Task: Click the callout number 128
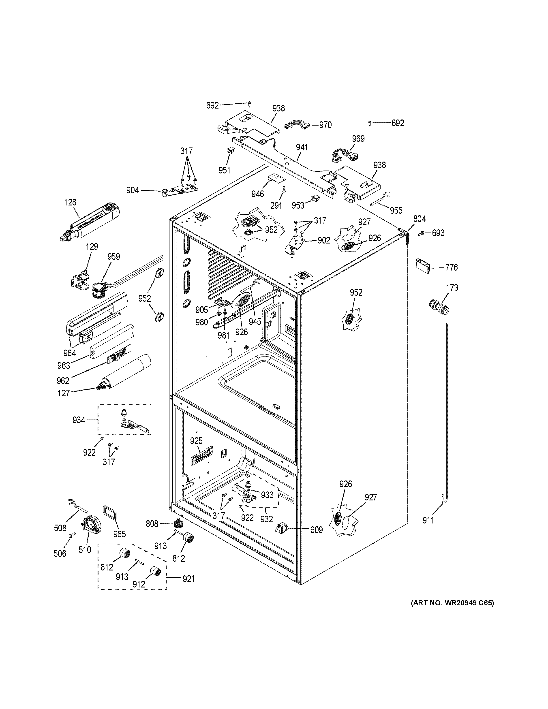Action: (70, 202)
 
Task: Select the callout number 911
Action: (428, 520)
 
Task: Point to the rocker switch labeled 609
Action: (280, 529)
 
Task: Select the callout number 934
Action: (79, 420)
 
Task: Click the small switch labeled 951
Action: (231, 150)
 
